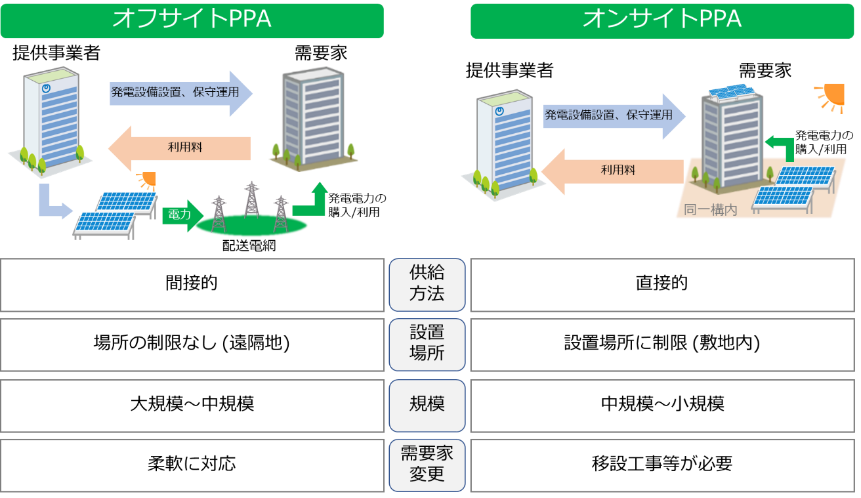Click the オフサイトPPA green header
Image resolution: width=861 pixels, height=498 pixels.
tap(192, 19)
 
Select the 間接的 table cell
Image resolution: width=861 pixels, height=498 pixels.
tap(192, 285)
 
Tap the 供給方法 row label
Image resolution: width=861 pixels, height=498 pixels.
tap(427, 285)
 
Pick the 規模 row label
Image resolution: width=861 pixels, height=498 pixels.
tap(427, 404)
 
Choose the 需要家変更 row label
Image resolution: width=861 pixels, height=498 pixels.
tap(427, 465)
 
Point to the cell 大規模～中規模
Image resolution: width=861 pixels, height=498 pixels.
tap(192, 404)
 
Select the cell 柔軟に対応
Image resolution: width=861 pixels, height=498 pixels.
tap(192, 465)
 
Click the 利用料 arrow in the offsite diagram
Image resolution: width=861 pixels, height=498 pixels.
tap(180, 148)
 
